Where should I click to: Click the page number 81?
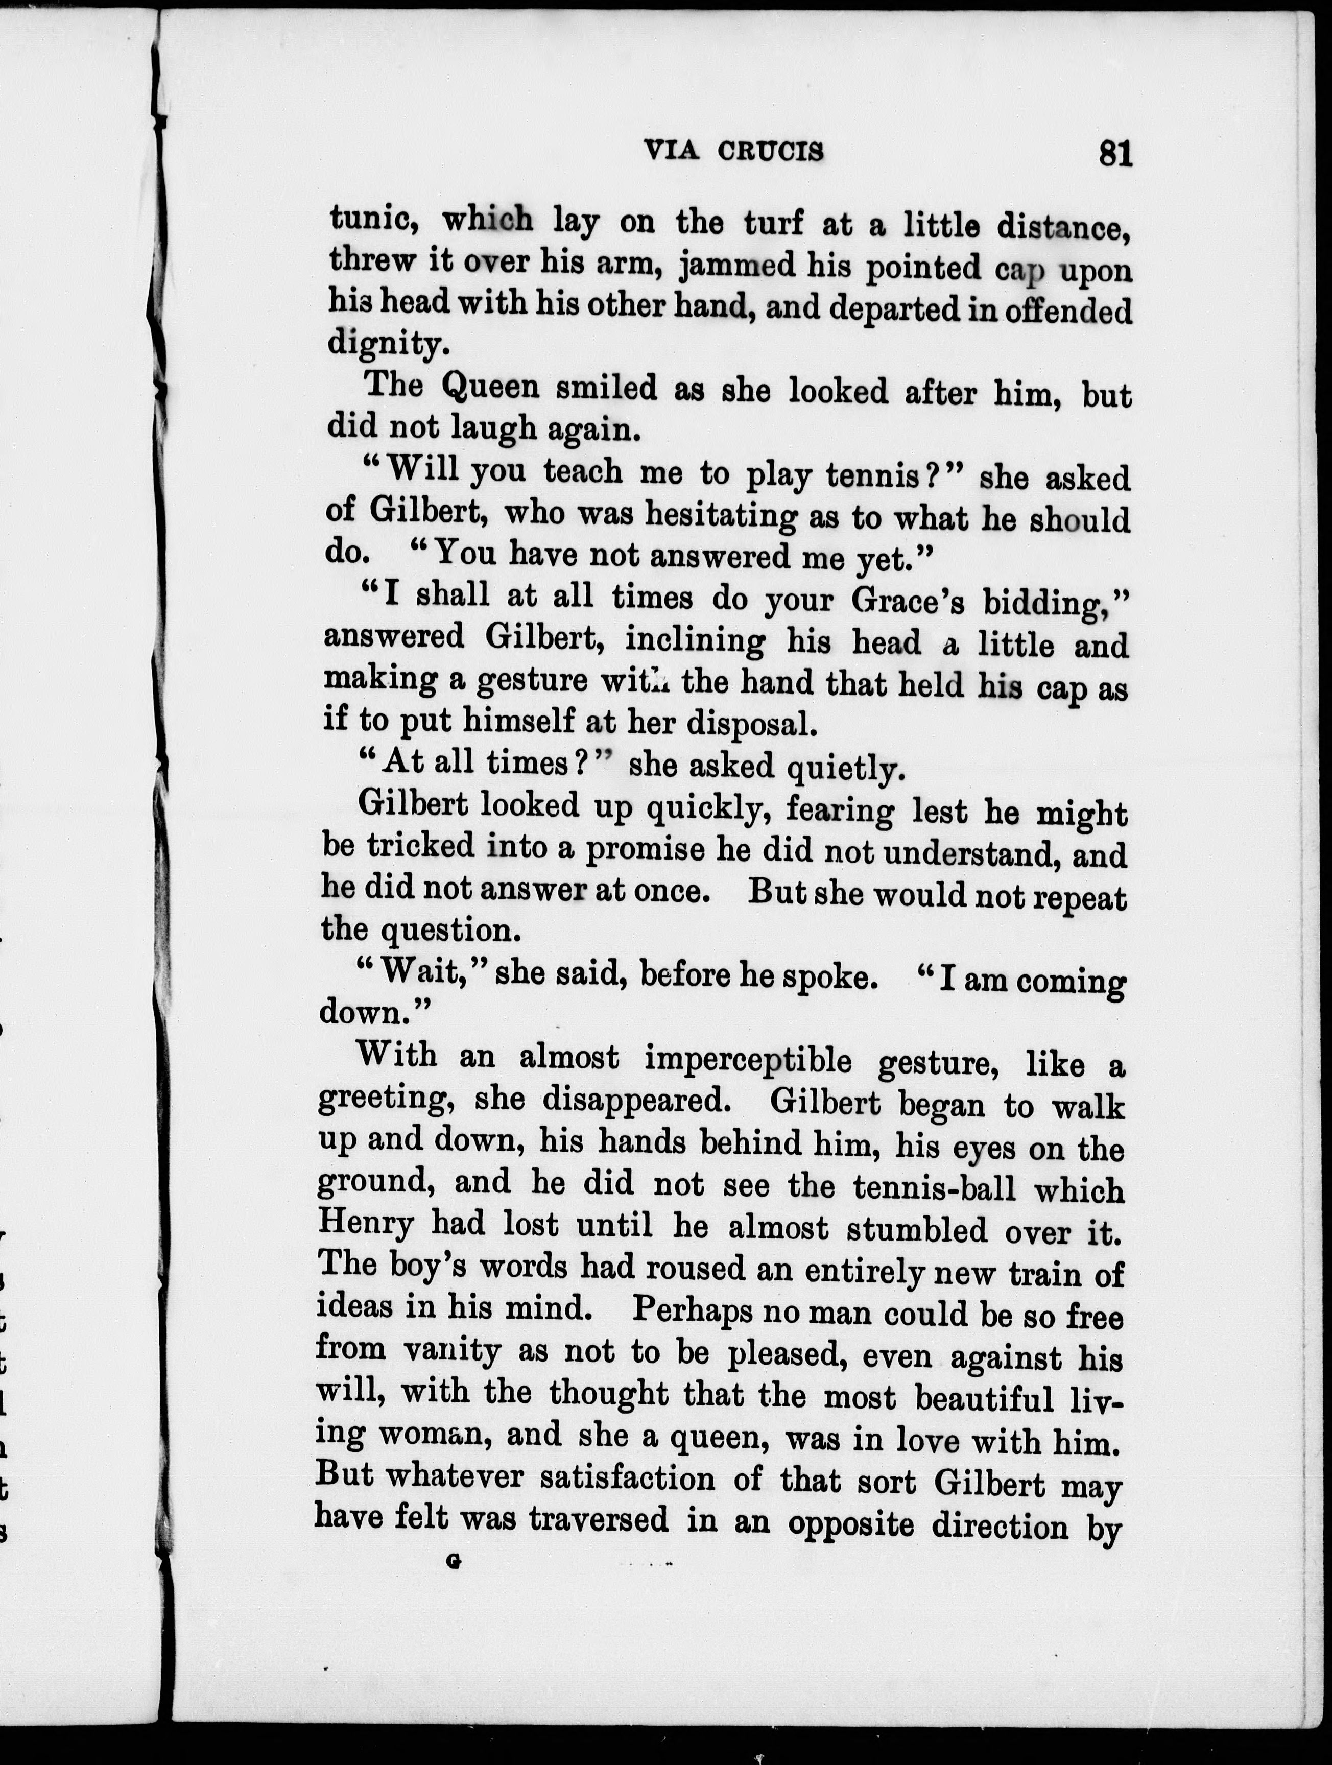pos(1115,152)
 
